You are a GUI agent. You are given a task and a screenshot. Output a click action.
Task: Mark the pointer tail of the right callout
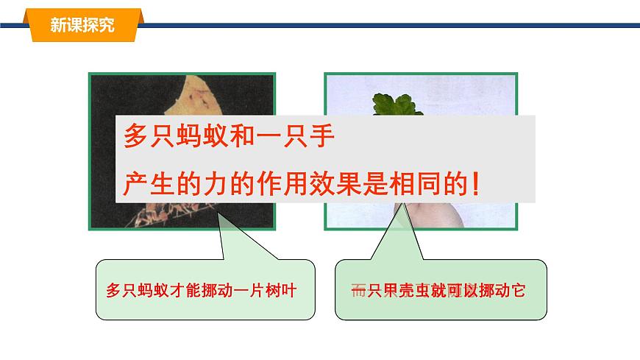click(398, 236)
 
